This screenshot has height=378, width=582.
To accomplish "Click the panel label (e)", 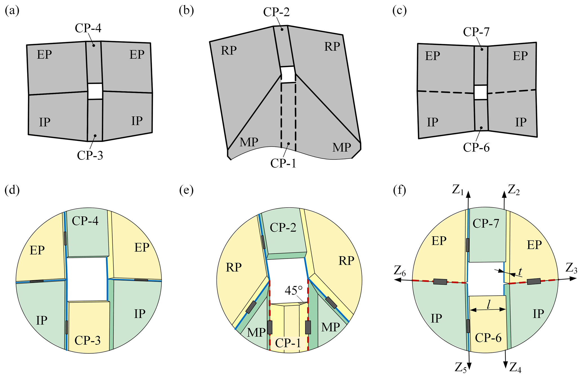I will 186,191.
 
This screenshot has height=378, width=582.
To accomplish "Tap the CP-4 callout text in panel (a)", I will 88,28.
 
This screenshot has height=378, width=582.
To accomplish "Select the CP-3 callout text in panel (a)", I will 90,155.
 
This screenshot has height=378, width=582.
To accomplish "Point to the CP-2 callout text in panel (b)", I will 276,12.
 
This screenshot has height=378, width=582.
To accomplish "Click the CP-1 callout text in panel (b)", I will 283,163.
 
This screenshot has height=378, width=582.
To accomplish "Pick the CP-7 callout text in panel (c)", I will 476,32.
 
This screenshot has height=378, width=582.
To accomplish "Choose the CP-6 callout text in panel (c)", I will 476,147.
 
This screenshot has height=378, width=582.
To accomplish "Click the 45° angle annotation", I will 293,291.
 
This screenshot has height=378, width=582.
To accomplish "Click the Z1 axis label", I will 458,191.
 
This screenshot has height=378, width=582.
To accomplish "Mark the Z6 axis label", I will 400,271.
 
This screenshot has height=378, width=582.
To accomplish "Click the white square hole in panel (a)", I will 95,91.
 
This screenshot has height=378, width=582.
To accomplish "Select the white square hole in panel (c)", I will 480,92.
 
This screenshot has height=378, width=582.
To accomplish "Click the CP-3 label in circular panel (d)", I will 88,341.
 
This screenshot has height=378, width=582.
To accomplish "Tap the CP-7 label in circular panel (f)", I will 486,224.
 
